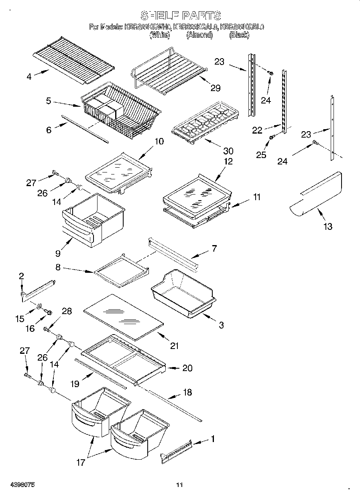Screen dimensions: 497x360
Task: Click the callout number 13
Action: [328, 227]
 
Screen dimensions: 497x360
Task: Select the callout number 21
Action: [174, 345]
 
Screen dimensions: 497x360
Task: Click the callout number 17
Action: [81, 463]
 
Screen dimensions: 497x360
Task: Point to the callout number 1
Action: [213, 439]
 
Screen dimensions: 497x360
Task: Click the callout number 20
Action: [187, 368]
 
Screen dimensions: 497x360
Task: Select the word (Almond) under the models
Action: [199, 35]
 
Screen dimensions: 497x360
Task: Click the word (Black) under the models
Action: [239, 35]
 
